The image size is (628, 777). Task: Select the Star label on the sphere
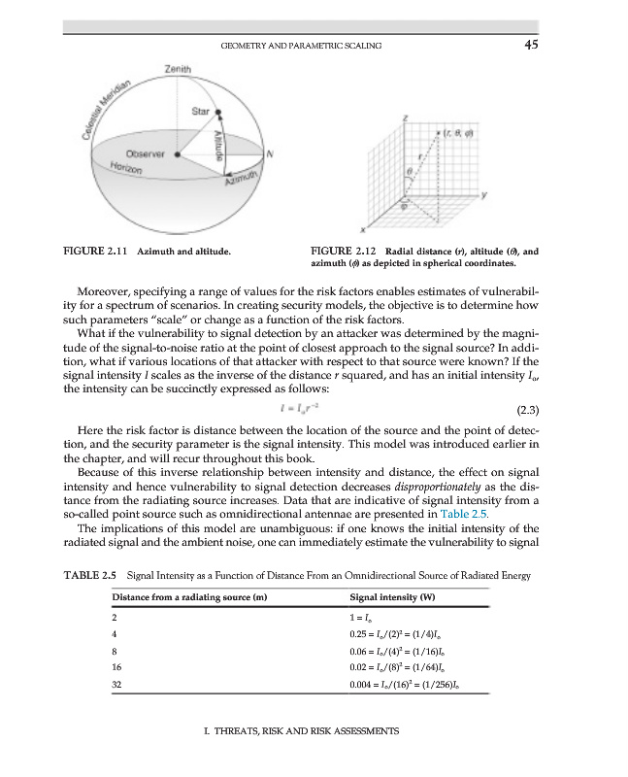point(201,112)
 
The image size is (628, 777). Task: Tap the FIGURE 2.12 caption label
point(338,251)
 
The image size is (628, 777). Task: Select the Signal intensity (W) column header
point(386,595)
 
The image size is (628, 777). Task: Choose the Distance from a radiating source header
point(188,595)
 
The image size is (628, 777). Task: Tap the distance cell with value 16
point(117,669)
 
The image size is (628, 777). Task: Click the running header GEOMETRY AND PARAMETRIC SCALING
point(300,46)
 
